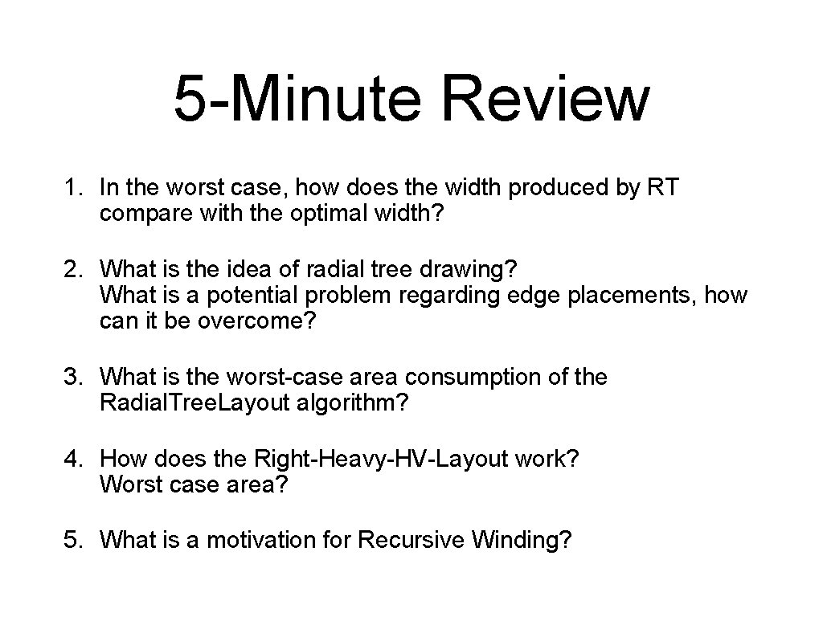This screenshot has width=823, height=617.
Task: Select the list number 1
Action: pyautogui.click(x=72, y=188)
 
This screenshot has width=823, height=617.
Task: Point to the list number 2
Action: pyautogui.click(x=72, y=266)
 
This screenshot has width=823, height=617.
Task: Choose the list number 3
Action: pyautogui.click(x=72, y=376)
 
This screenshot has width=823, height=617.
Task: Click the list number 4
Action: pyautogui.click(x=72, y=459)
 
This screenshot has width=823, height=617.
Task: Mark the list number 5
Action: pyautogui.click(x=72, y=541)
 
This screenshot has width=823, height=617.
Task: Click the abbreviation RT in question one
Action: pyautogui.click(x=663, y=188)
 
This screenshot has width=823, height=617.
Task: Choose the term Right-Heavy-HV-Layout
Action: pyautogui.click(x=381, y=459)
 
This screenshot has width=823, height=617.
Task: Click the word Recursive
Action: pyautogui.click(x=411, y=541)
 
